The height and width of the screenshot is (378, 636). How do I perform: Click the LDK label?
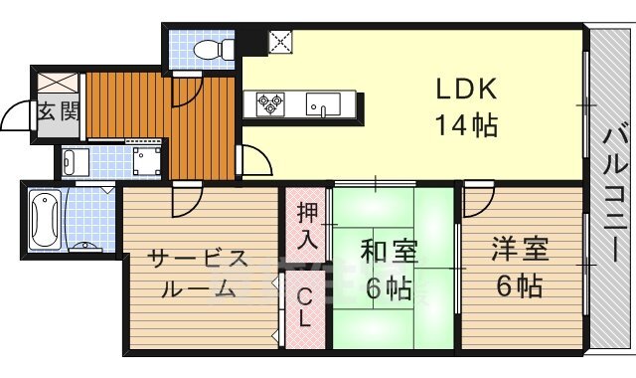(x=463, y=90)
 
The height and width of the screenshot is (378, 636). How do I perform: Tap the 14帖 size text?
(x=464, y=126)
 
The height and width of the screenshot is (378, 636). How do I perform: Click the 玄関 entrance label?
(x=58, y=110)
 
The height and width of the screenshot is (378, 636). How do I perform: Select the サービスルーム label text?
(x=197, y=274)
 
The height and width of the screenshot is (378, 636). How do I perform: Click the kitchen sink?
(x=323, y=103)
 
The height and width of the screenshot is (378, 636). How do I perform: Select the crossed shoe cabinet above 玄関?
(x=58, y=83)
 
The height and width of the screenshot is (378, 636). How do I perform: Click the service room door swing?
(x=183, y=202)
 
